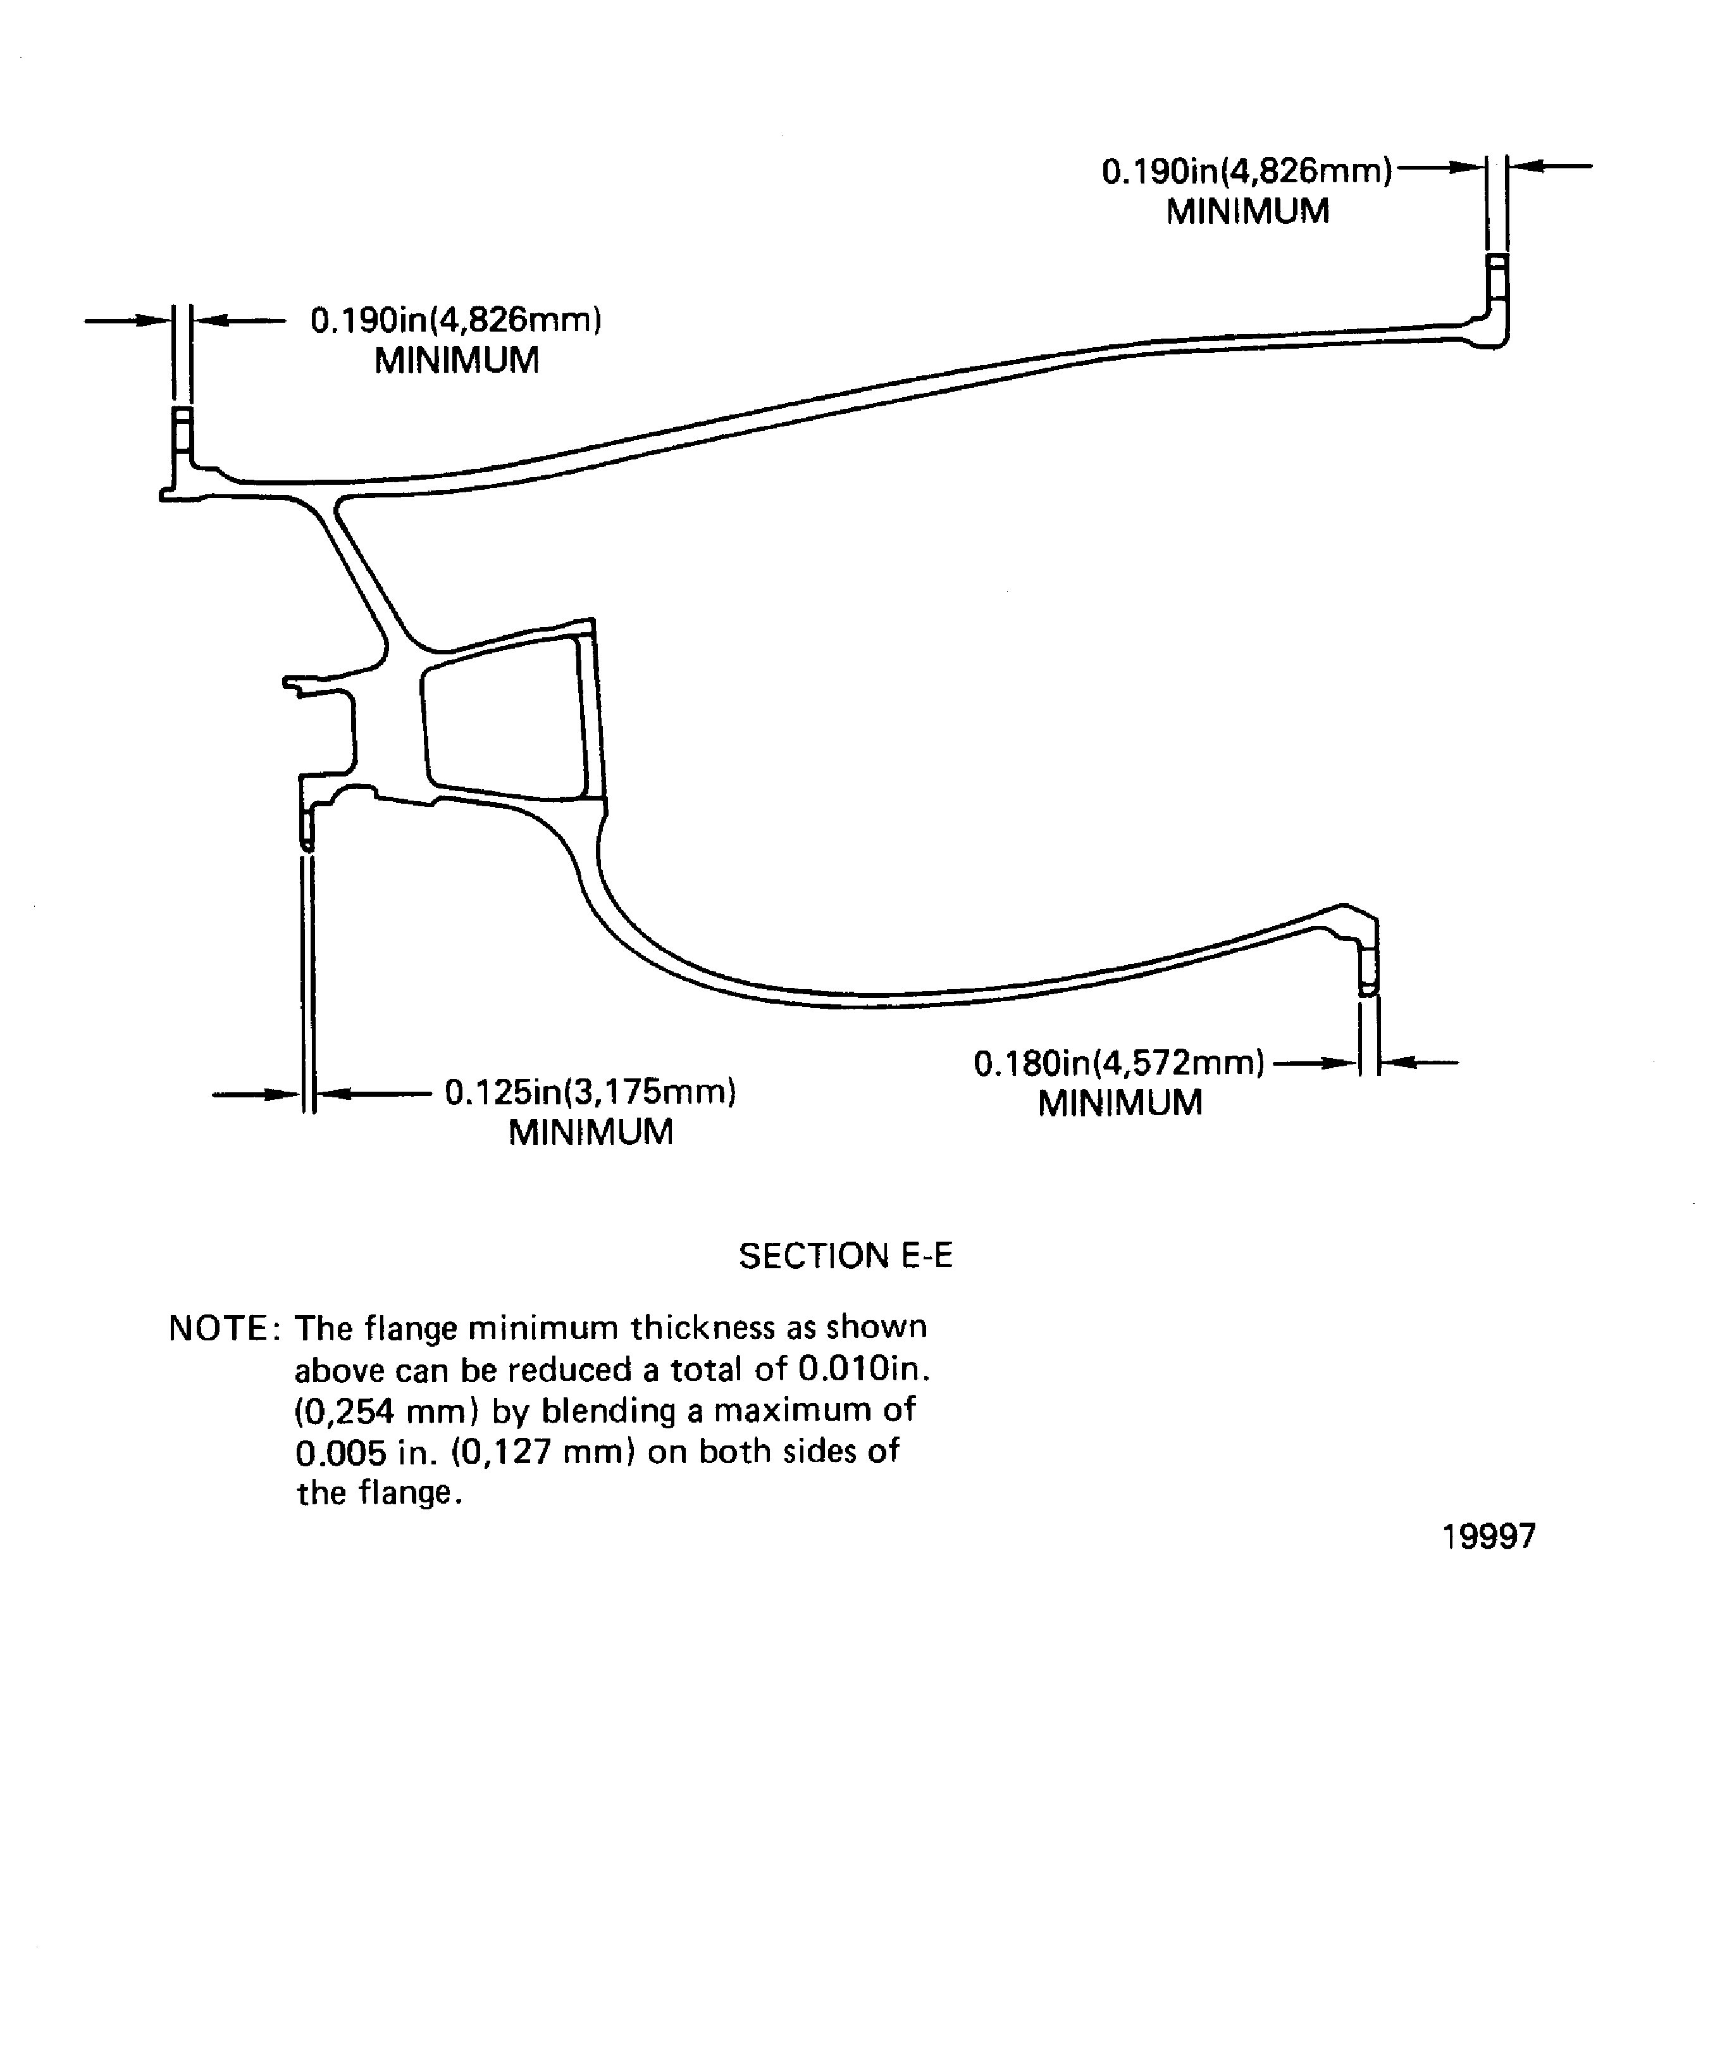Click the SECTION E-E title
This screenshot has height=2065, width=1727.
(845, 1256)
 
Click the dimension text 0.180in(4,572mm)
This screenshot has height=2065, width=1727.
(1118, 1063)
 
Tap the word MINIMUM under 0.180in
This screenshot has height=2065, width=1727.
(1120, 1103)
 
